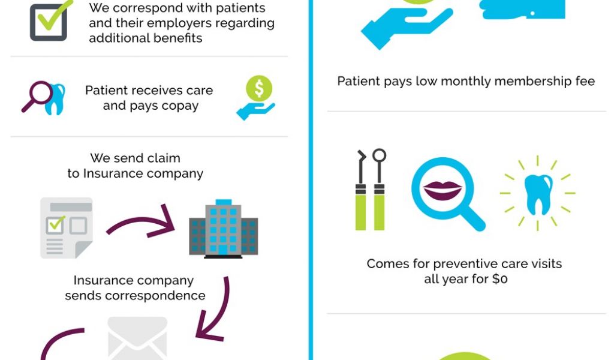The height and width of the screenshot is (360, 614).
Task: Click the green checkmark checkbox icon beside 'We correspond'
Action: tap(49, 22)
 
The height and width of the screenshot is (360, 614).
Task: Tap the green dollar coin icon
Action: tap(259, 88)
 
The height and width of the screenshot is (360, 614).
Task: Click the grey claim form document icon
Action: tap(66, 227)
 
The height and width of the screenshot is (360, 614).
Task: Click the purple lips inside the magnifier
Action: tap(443, 190)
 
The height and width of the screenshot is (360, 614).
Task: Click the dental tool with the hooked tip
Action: tap(361, 190)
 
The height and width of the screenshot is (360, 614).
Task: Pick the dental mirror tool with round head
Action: tap(379, 190)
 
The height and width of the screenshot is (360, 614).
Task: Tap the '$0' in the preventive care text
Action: tap(499, 279)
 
